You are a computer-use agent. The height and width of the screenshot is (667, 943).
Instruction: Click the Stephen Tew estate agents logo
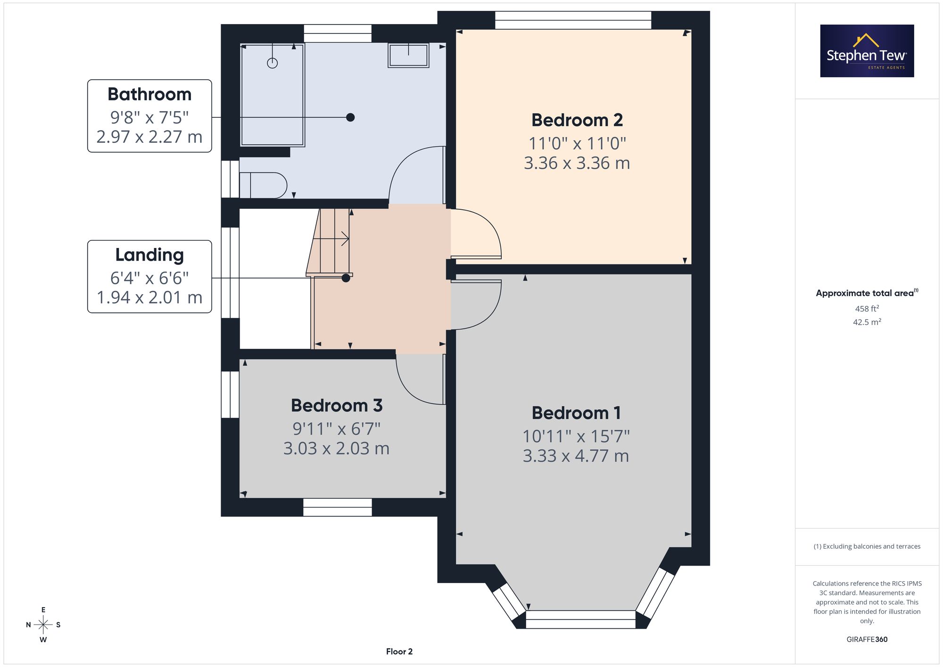pyautogui.click(x=867, y=51)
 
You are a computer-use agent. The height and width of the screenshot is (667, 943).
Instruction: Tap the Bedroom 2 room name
pyautogui.click(x=577, y=120)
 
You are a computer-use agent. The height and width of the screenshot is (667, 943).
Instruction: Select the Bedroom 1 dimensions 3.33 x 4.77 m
pyautogui.click(x=576, y=456)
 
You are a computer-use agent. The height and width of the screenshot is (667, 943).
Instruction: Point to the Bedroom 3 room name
pyautogui.click(x=337, y=405)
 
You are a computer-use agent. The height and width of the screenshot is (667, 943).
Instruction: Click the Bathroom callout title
pyautogui.click(x=149, y=94)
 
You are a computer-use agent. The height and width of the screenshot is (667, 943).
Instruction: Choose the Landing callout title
pyautogui.click(x=149, y=255)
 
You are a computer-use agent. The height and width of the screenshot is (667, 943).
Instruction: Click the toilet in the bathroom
pyautogui.click(x=263, y=185)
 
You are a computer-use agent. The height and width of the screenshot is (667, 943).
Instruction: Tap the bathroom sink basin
pyautogui.click(x=408, y=55)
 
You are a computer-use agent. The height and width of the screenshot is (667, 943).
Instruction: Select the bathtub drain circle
pyautogui.click(x=273, y=63)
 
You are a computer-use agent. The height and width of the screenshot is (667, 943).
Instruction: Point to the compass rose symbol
pyautogui.click(x=43, y=625)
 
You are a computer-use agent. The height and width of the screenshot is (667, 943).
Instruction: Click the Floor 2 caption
pyautogui.click(x=399, y=651)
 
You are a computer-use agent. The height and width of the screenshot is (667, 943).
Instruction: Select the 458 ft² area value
pyautogui.click(x=867, y=309)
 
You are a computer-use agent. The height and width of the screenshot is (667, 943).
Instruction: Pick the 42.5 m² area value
pyautogui.click(x=867, y=322)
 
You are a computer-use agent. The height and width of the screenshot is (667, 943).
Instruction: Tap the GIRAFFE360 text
pyautogui.click(x=867, y=639)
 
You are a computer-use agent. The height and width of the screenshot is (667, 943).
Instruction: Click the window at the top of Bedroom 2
pyautogui.click(x=573, y=20)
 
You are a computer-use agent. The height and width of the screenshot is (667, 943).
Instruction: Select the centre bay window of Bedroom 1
pyautogui.click(x=580, y=619)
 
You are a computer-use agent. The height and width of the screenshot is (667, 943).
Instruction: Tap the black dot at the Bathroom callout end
pyautogui.click(x=350, y=117)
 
